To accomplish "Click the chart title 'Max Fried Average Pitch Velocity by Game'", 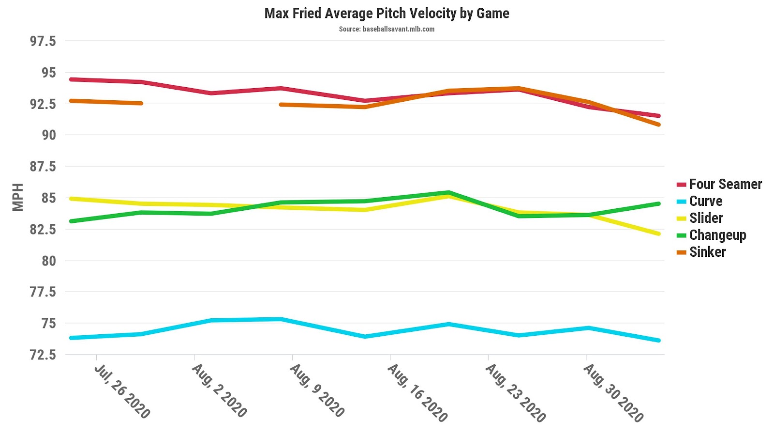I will coord(387,13).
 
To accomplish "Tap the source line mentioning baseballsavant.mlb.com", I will coord(387,29).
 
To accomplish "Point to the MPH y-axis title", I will coord(18,197).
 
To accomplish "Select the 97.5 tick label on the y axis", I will coord(43,41).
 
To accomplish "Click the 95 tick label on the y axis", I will coord(48,73).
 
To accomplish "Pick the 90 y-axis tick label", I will coord(48,135).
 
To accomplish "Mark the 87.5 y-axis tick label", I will coord(43,167).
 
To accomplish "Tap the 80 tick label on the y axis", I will coord(48,261).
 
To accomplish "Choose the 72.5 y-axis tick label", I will coord(43,355).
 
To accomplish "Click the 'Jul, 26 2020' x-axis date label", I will coord(122,391).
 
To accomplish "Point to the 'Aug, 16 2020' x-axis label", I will coord(417,393).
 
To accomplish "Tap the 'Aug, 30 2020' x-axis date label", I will coord(613,393).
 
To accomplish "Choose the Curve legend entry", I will coord(705,201).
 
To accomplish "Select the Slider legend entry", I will coord(706,218).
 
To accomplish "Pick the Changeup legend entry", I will coord(717,235).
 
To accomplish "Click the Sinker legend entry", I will coord(707,252).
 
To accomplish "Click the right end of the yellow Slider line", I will coord(659,234).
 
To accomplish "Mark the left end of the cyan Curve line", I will coord(71,338).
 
